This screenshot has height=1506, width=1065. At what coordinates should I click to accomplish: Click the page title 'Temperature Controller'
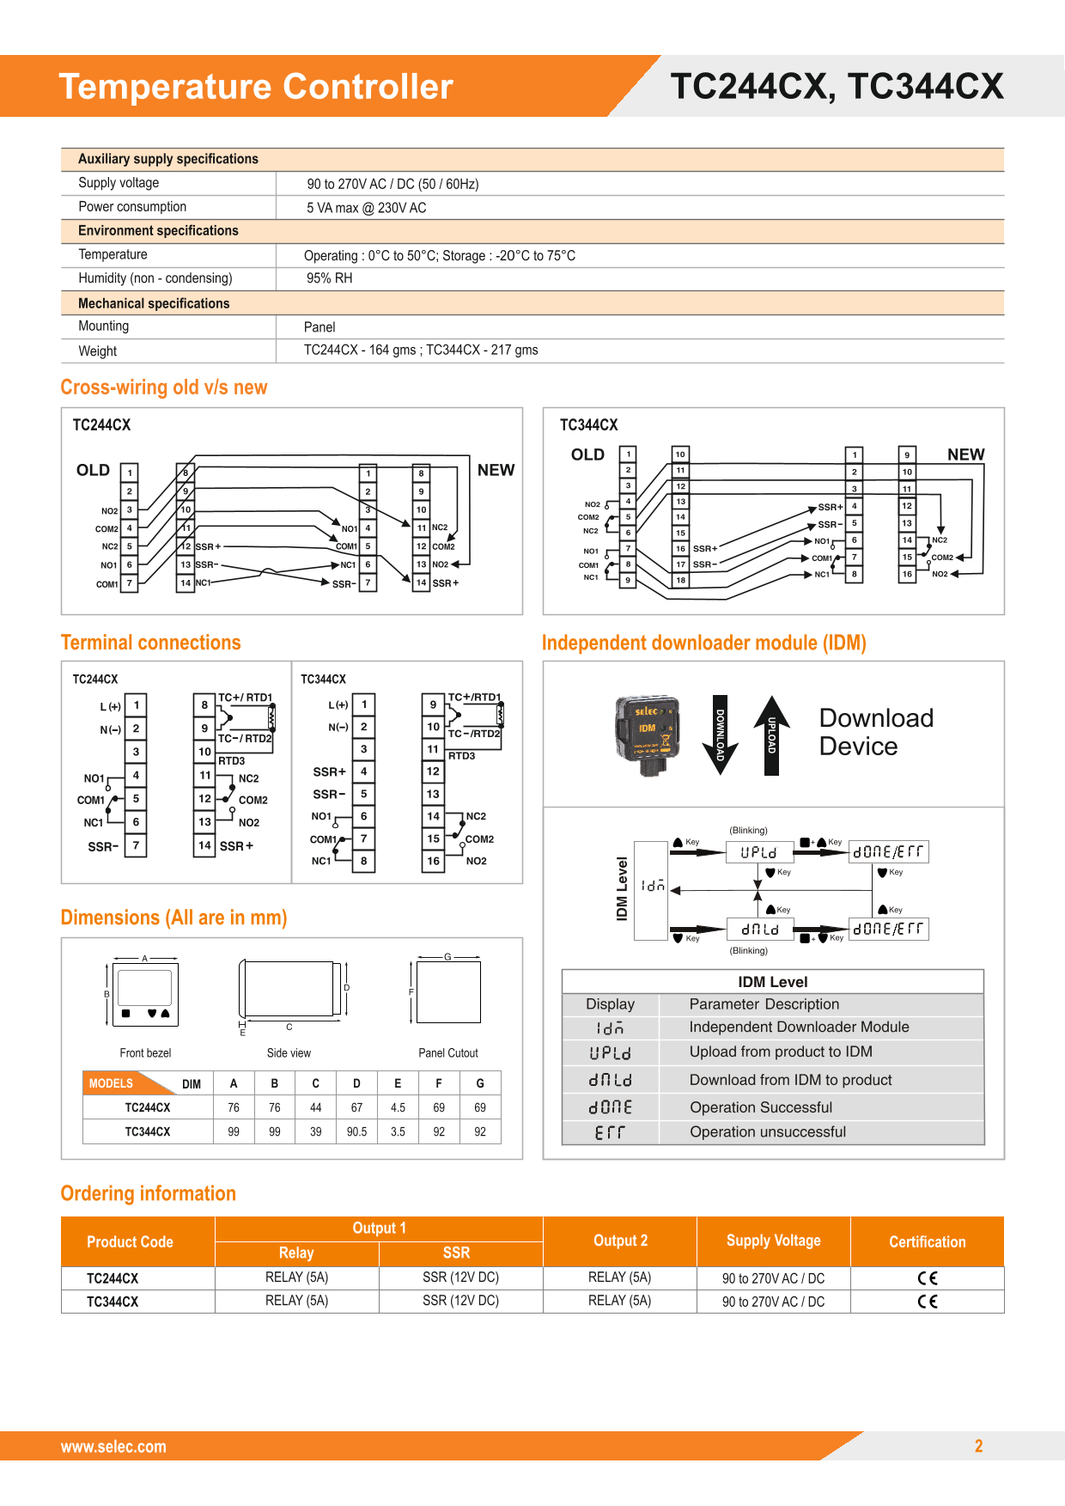click(x=255, y=87)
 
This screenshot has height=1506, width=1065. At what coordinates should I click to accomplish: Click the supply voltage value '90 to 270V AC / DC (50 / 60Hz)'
click(x=393, y=184)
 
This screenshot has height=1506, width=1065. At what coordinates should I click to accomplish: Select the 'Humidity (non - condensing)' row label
click(x=155, y=278)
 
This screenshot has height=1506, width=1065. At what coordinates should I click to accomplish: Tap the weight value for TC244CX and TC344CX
click(x=421, y=350)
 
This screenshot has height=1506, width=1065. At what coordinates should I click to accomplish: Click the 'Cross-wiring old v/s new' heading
click(x=163, y=387)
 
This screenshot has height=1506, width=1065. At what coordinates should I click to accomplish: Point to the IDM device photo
click(x=648, y=734)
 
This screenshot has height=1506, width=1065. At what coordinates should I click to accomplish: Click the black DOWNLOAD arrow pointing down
click(x=720, y=735)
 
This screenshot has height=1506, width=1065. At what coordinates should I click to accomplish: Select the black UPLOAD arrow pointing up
click(x=771, y=735)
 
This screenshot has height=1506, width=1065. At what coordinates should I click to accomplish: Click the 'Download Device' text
click(x=875, y=732)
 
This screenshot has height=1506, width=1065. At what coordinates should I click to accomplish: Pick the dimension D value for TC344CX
click(x=356, y=1131)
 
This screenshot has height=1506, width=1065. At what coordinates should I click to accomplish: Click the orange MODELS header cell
click(x=112, y=1083)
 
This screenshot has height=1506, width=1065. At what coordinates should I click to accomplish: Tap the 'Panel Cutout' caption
click(x=447, y=1053)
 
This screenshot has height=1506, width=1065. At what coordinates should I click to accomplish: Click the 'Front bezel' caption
click(x=145, y=1053)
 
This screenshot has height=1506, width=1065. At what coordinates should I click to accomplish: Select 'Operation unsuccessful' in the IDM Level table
click(x=768, y=1132)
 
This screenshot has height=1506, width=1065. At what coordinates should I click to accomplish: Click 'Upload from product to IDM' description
click(x=780, y=1052)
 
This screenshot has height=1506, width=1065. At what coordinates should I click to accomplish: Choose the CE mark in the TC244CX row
click(x=927, y=1277)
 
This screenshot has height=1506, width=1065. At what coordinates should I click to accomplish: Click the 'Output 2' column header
click(x=620, y=1241)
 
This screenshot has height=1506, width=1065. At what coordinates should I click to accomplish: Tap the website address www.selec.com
click(x=113, y=1447)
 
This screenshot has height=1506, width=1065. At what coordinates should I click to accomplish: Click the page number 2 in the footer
click(x=978, y=1446)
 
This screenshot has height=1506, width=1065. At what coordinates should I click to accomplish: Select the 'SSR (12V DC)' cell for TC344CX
click(x=460, y=1301)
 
